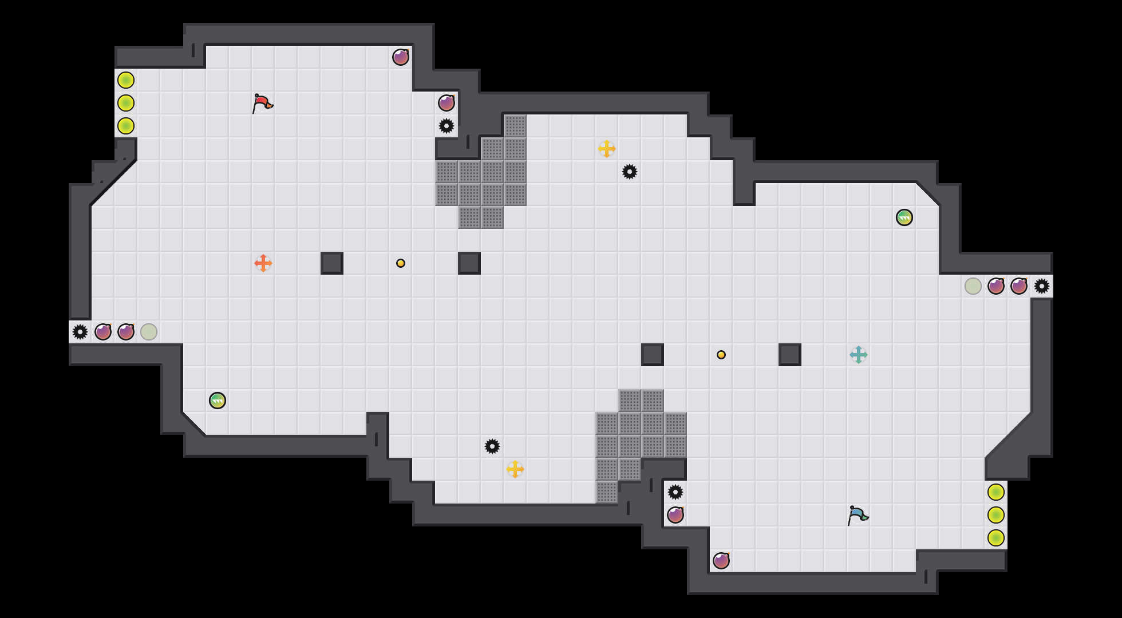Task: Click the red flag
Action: pyautogui.click(x=262, y=103)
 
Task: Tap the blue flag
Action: pyautogui.click(x=858, y=515)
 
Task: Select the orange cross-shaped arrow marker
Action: pyautogui.click(x=263, y=263)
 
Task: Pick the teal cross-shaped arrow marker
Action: pyautogui.click(x=859, y=355)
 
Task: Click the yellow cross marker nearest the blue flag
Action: pyautogui.click(x=515, y=469)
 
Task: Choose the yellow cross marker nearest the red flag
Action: pyautogui.click(x=607, y=149)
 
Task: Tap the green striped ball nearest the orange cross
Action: pyautogui.click(x=218, y=401)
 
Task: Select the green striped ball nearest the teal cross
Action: pyautogui.click(x=904, y=217)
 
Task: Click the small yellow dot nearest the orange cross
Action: pyautogui.click(x=401, y=263)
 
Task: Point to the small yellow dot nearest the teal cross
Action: pyautogui.click(x=721, y=355)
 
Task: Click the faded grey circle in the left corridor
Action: pyautogui.click(x=149, y=332)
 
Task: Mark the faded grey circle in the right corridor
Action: pyautogui.click(x=973, y=286)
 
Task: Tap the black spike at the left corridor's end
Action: pyautogui.click(x=80, y=332)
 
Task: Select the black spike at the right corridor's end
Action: pyautogui.click(x=1042, y=286)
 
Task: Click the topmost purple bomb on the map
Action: pyautogui.click(x=401, y=57)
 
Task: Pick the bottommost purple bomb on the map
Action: pyautogui.click(x=721, y=561)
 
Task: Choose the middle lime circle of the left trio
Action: pyautogui.click(x=126, y=103)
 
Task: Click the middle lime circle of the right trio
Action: pyautogui.click(x=996, y=515)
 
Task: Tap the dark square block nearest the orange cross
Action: pyautogui.click(x=332, y=263)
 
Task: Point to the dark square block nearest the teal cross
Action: pyautogui.click(x=790, y=355)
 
